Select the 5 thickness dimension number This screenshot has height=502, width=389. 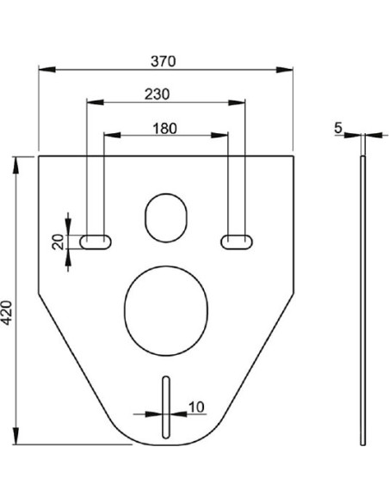click(339, 127)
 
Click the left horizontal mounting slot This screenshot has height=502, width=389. click(96, 242)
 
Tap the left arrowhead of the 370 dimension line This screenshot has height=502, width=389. click(43, 70)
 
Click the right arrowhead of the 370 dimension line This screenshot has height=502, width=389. click(288, 70)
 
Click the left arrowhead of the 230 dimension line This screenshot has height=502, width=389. click(91, 103)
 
